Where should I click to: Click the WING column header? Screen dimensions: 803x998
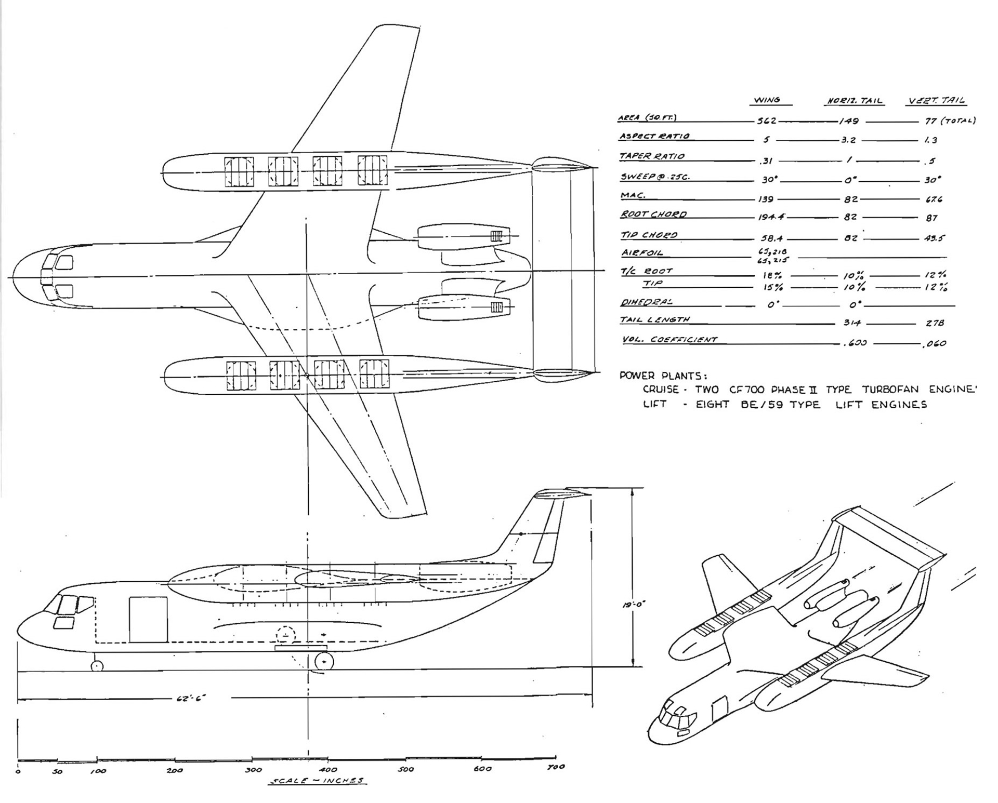766,100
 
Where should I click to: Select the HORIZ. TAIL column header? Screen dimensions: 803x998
854,100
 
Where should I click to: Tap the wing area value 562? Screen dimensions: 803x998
766,121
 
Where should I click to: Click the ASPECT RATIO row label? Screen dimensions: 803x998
654,136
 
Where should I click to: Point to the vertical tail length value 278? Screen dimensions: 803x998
935,323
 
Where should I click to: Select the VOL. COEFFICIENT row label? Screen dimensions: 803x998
669,340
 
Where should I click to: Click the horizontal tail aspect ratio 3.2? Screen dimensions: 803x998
848,140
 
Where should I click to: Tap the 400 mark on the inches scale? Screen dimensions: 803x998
329,769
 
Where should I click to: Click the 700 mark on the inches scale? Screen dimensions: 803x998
556,767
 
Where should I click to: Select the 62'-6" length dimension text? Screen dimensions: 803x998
191,699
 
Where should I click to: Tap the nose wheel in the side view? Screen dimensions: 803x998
97,666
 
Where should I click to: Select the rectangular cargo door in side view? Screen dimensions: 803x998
148,619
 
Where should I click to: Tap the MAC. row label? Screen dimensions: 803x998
633,196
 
